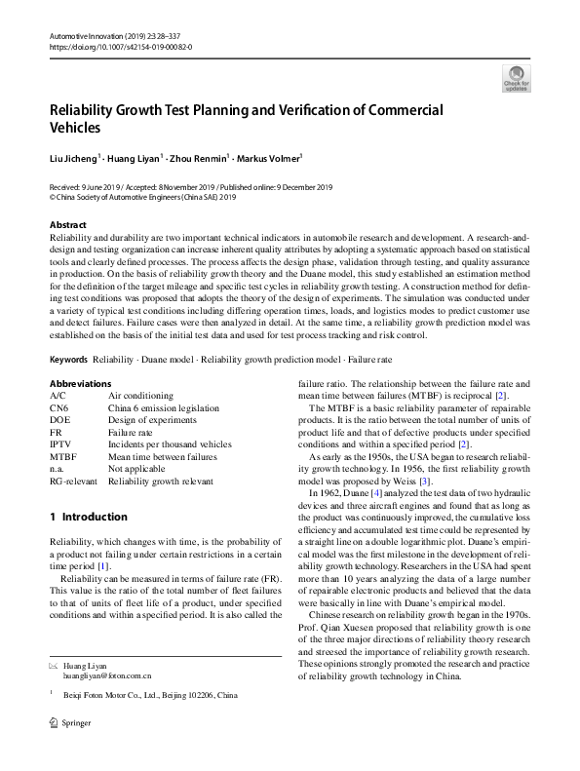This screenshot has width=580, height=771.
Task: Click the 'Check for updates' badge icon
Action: (516, 77)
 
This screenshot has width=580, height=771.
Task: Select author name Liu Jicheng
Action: (72, 156)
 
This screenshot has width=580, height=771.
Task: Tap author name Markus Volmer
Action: (272, 156)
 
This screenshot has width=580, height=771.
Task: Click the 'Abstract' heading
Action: (67, 225)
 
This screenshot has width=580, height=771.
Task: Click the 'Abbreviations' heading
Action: (80, 384)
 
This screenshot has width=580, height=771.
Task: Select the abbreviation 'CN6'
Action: (59, 407)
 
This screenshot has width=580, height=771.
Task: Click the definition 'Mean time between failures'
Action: (162, 455)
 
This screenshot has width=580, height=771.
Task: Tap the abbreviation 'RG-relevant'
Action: (73, 480)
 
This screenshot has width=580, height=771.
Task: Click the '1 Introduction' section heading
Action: (88, 517)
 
